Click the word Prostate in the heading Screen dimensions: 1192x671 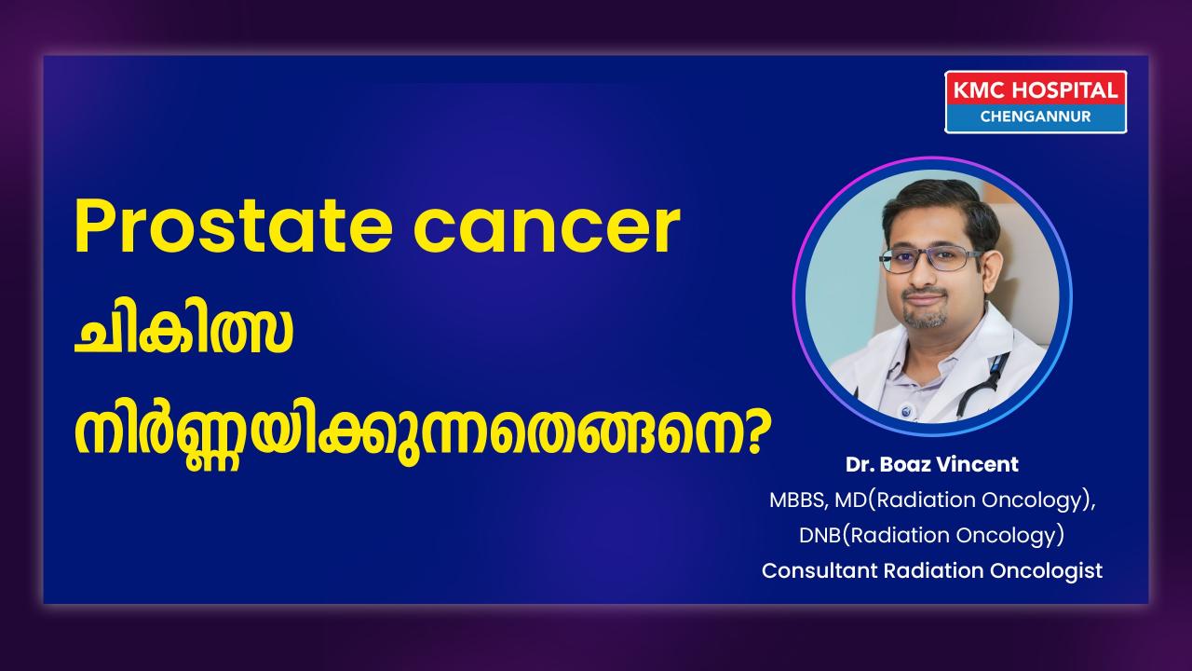pyautogui.click(x=233, y=226)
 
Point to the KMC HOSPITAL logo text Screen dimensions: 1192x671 pyautogui.click(x=1035, y=90)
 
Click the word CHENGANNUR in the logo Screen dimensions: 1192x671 pyautogui.click(x=1035, y=116)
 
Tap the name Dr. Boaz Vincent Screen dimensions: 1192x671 pyautogui.click(x=932, y=464)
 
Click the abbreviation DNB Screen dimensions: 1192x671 pyautogui.click(x=820, y=535)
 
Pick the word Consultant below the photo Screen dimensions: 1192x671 pyautogui.click(x=819, y=571)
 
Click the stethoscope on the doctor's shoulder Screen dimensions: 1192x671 pyautogui.click(x=984, y=383)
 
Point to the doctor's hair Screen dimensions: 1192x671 pyautogui.click(x=940, y=208)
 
